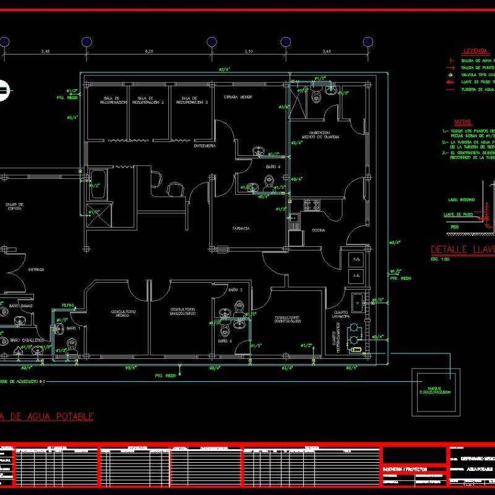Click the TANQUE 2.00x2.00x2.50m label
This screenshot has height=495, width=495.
pyautogui.click(x=437, y=390)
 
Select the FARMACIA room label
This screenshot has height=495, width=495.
pyautogui.click(x=241, y=229)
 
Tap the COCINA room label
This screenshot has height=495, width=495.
pyautogui.click(x=319, y=230)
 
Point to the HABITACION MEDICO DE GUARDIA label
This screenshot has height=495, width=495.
pyautogui.click(x=320, y=135)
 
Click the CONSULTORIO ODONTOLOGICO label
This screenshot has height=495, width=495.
pyautogui.click(x=288, y=319)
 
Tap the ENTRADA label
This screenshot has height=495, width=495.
pyautogui.click(x=37, y=269)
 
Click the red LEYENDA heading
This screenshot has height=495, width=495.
pyautogui.click(x=475, y=51)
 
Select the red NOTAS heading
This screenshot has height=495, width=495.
pyautogui.click(x=462, y=122)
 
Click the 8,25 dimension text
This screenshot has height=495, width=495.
pyautogui.click(x=149, y=51)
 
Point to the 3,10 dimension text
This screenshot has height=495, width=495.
pyautogui.click(x=249, y=51)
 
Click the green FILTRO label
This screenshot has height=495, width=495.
pyautogui.click(x=68, y=305)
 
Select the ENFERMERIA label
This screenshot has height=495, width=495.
pyautogui.click(x=204, y=146)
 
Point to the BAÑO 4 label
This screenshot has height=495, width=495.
pyautogui.click(x=273, y=167)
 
